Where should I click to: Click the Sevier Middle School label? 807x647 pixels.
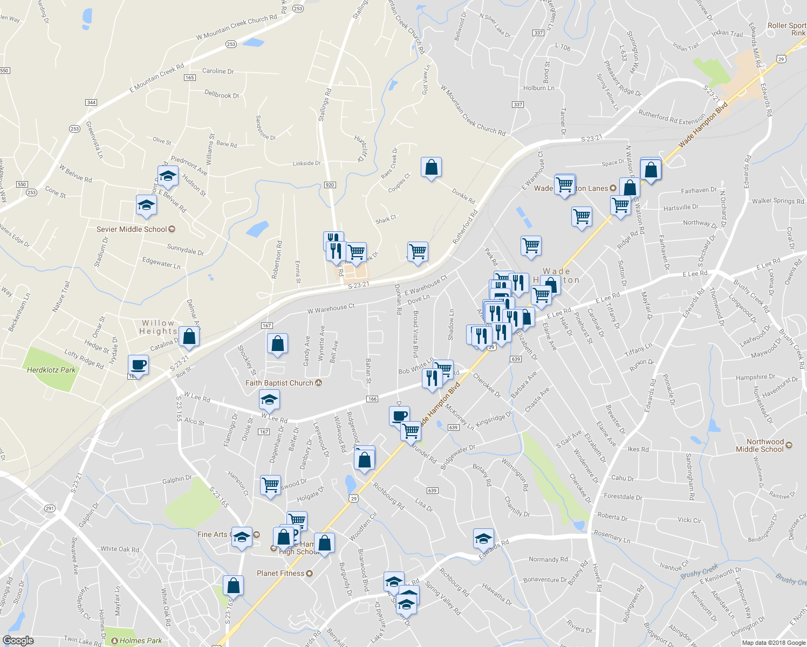pyautogui.click(x=132, y=229)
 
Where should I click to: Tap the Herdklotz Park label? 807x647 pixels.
pyautogui.click(x=52, y=370)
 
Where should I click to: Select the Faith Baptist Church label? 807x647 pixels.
pyautogui.click(x=279, y=383)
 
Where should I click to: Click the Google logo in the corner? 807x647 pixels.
pyautogui.click(x=18, y=641)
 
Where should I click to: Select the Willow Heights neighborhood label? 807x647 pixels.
pyautogui.click(x=158, y=327)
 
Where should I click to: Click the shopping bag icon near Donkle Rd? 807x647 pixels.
pyautogui.click(x=431, y=168)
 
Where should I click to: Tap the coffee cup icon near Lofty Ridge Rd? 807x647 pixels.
pyautogui.click(x=139, y=365)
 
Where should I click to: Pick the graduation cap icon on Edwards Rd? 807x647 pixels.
pyautogui.click(x=483, y=538)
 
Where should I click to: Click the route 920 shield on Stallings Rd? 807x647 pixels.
pyautogui.click(x=330, y=185)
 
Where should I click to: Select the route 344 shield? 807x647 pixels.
pyautogui.click(x=91, y=102)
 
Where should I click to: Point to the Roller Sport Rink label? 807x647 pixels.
pyautogui.click(x=787, y=29)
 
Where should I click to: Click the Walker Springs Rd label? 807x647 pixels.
pyautogui.click(x=778, y=201)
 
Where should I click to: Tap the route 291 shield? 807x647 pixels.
pyautogui.click(x=50, y=508)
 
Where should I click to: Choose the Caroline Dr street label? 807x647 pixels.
pyautogui.click(x=218, y=71)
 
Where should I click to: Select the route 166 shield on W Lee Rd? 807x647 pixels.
pyautogui.click(x=372, y=399)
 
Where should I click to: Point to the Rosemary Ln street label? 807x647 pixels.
pyautogui.click(x=612, y=536)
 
